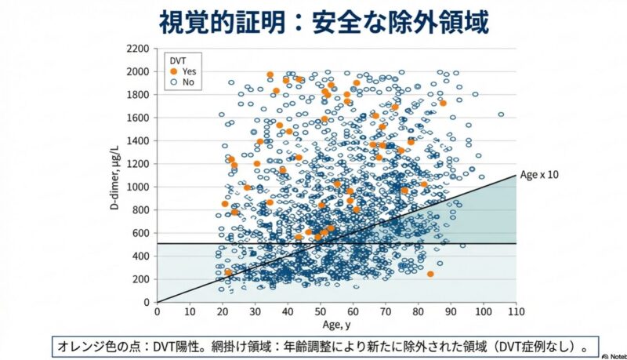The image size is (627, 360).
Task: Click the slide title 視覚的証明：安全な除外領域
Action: [313, 21]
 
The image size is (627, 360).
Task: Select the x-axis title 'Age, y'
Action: [336, 324]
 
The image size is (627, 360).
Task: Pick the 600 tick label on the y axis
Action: [140, 233]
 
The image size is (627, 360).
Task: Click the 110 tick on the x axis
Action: [516, 311]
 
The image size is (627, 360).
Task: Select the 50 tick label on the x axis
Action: [320, 311]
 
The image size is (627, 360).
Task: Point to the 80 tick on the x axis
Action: [418, 311]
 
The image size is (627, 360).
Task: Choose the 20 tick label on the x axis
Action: [222, 311]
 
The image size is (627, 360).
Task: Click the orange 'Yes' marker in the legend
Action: [173, 71]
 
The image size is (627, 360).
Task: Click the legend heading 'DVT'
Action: [179, 59]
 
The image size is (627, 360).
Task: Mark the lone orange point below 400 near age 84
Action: [430, 274]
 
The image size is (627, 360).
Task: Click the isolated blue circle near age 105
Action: [501, 115]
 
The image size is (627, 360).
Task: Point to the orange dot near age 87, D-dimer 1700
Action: [443, 103]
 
